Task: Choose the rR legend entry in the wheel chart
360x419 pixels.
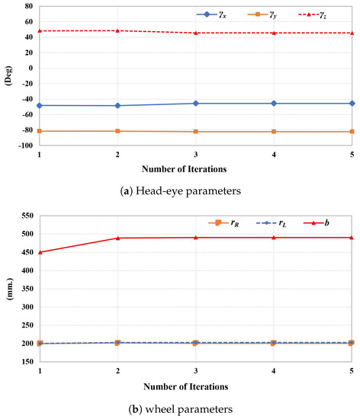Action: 223,222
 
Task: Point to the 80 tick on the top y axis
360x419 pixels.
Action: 27,5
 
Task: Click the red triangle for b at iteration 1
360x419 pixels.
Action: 39,252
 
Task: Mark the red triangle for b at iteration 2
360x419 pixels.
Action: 117,238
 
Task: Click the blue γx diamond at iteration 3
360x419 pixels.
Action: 196,103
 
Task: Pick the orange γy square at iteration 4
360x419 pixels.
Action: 274,132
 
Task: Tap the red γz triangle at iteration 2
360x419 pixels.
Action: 117,30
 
